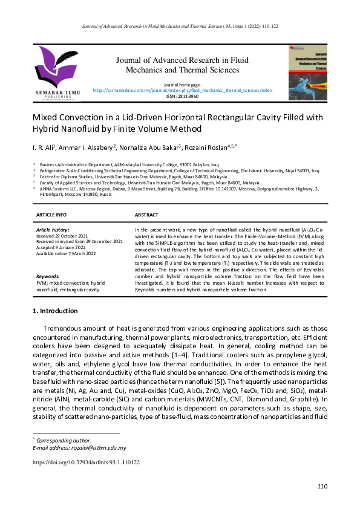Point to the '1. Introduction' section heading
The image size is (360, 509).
(54, 311)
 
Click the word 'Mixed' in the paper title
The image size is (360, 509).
(45, 117)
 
